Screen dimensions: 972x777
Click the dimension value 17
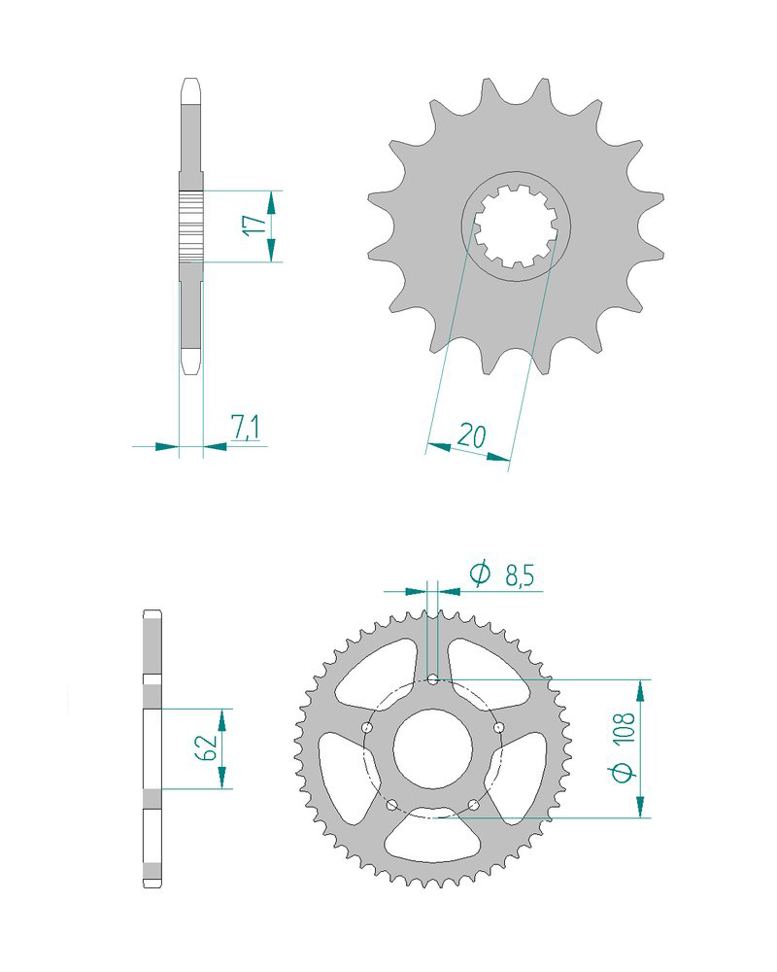[x=254, y=226]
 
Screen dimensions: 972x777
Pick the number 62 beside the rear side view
[x=205, y=747]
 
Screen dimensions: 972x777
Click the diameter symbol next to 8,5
[x=480, y=575]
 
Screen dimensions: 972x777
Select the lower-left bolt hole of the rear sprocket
[x=391, y=805]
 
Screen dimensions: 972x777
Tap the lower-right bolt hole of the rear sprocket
[x=474, y=805]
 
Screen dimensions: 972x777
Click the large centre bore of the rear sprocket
[x=433, y=748]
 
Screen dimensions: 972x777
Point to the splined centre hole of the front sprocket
[x=515, y=229]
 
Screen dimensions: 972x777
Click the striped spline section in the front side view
[x=191, y=226]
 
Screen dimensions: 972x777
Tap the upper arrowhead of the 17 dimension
[x=271, y=200]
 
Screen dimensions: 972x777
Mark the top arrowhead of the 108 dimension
[x=640, y=690]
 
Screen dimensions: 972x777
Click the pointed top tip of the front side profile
[x=191, y=81]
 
